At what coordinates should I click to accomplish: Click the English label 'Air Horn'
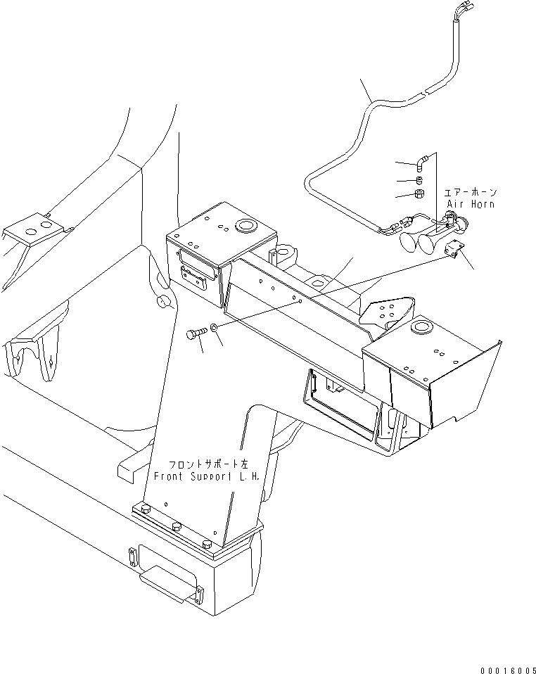[x=471, y=204]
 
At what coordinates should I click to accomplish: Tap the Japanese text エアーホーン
[x=470, y=192]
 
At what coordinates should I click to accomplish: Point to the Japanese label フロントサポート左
[x=208, y=465]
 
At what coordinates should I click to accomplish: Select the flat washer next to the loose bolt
[x=214, y=327]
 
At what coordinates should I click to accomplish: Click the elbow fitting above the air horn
[x=421, y=163]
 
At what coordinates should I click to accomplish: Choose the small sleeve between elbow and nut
[x=419, y=179]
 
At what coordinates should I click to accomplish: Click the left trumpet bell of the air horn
[x=407, y=243]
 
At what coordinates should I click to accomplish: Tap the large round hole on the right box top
[x=421, y=326]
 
